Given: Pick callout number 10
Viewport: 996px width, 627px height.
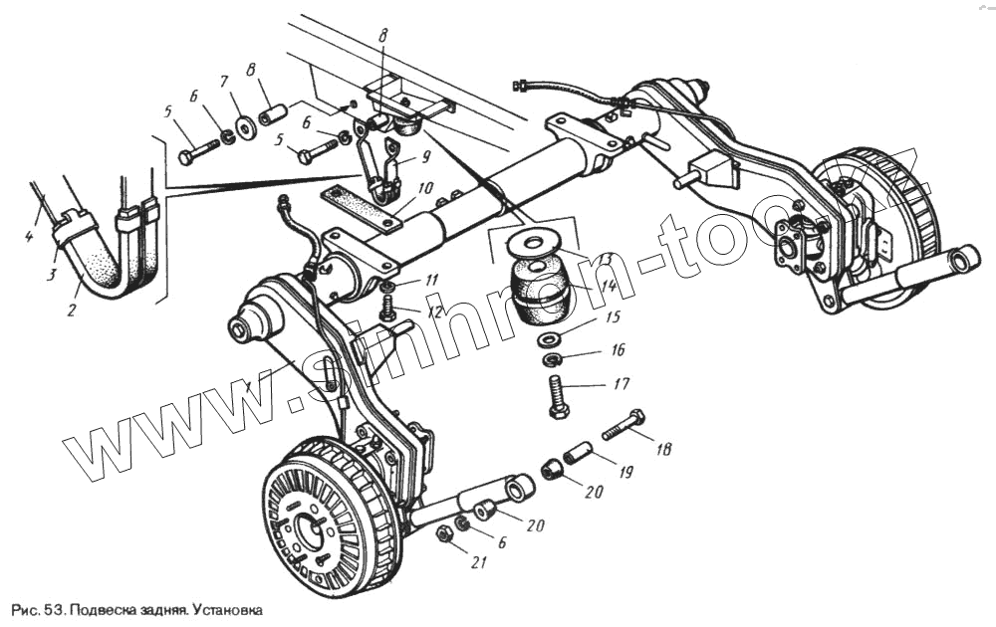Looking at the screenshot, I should [x=425, y=187].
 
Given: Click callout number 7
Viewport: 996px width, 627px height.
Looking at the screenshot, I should [x=224, y=81].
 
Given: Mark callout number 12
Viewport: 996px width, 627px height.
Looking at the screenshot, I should [x=434, y=312].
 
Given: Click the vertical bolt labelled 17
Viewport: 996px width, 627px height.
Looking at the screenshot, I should [x=556, y=397].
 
